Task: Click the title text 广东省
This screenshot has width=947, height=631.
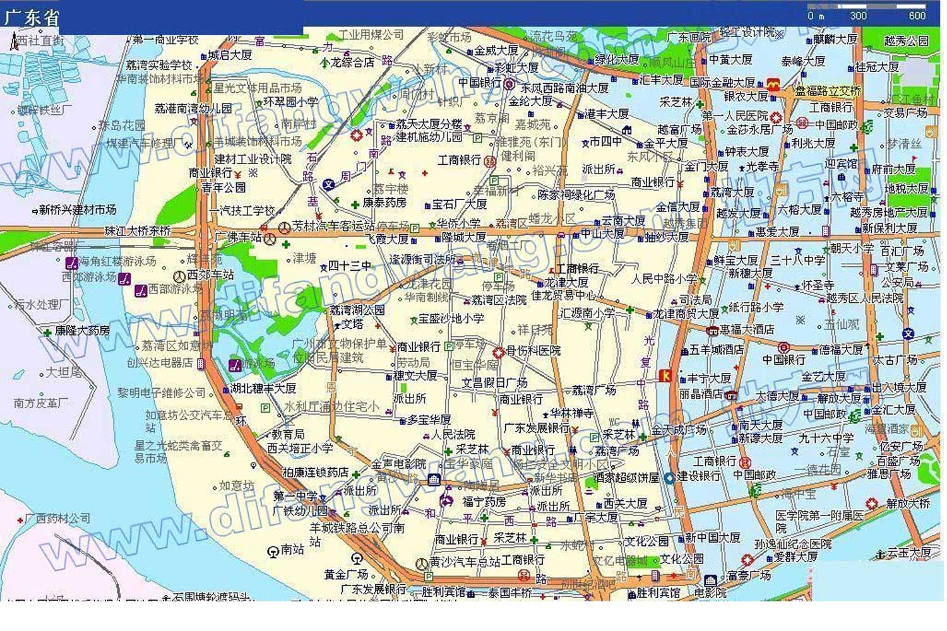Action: pyautogui.click(x=32, y=18)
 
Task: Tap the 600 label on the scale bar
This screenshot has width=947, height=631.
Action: pyautogui.click(x=917, y=16)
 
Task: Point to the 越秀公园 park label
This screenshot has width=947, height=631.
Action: pyautogui.click(x=906, y=41)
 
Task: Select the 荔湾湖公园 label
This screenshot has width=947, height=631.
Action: pyautogui.click(x=357, y=310)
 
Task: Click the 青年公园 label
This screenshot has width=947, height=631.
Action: pyautogui.click(x=223, y=187)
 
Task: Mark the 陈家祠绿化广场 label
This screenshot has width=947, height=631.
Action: pyautogui.click(x=576, y=195)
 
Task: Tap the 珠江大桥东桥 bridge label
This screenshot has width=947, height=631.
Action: pyautogui.click(x=138, y=231)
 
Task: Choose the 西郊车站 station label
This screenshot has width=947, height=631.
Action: pyautogui.click(x=210, y=275)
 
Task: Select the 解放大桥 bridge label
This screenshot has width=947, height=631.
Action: pyautogui.click(x=908, y=504)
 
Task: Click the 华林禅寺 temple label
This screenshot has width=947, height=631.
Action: pyautogui.click(x=571, y=413)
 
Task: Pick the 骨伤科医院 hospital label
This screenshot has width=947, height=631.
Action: pyautogui.click(x=533, y=350)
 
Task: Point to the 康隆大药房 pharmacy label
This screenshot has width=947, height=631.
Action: pyautogui.click(x=82, y=330)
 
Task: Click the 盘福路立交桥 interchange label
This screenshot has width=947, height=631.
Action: pyautogui.click(x=828, y=91)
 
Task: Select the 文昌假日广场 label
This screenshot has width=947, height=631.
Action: pyautogui.click(x=494, y=383)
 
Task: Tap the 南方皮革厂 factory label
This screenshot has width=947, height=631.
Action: pyautogui.click(x=41, y=403)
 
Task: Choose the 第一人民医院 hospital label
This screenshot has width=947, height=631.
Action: pyautogui.click(x=735, y=116)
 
